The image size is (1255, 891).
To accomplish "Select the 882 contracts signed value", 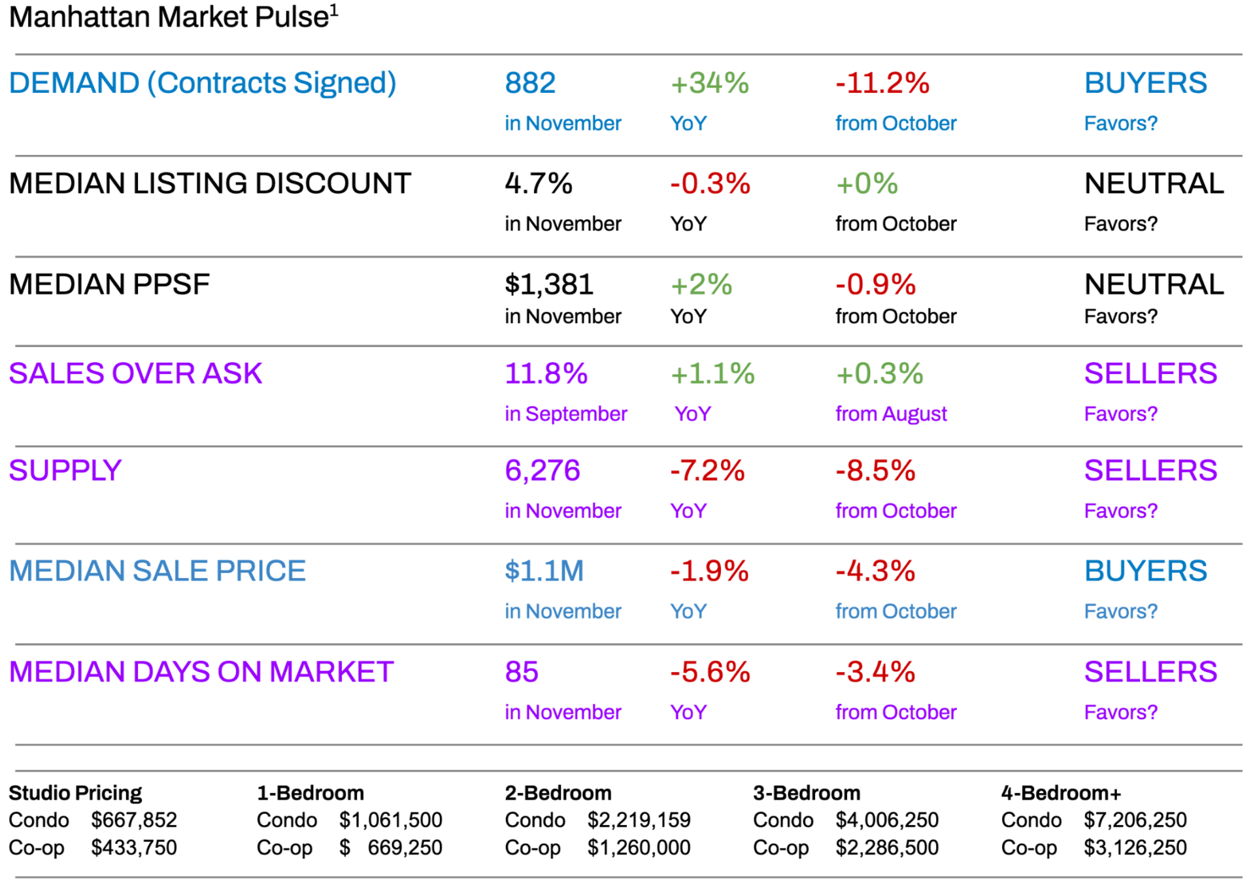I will tap(530, 83).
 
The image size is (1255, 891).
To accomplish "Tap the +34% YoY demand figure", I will tap(710, 83).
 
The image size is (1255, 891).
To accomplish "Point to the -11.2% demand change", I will tap(882, 83).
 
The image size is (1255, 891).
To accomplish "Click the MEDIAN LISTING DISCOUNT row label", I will tap(210, 184).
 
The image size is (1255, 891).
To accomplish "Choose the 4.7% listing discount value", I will tap(539, 184).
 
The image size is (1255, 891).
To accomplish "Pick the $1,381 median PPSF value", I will tap(549, 284).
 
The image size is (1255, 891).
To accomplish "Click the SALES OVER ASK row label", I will tap(135, 374).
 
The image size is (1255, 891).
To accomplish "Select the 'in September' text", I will tap(565, 414).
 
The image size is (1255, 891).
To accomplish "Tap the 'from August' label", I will tap(891, 414).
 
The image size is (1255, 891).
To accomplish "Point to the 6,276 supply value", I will tap(543, 471).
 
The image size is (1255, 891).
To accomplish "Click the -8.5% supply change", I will tap(876, 471).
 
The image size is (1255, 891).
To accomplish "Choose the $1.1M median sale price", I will tap(544, 571).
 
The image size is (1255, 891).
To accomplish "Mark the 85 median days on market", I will tap(522, 672).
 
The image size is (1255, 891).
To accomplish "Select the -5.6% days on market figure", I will tap(710, 672).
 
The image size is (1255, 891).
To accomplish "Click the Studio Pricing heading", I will tap(75, 793).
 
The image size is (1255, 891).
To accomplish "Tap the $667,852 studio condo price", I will tap(134, 820).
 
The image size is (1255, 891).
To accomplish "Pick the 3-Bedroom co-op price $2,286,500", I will tap(887, 848).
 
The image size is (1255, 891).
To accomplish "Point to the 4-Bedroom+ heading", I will tap(1061, 793).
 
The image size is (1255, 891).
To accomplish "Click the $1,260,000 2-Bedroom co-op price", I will tap(639, 848).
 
